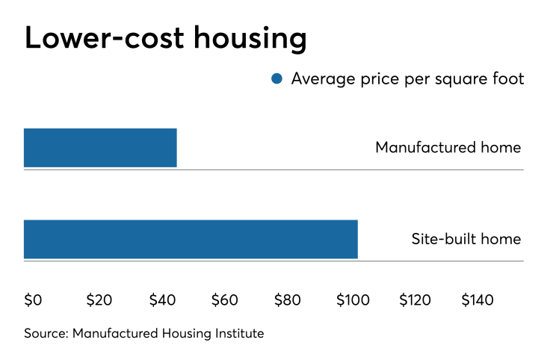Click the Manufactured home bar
tap(100, 148)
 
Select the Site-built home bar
tap(191, 240)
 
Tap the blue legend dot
tap(277, 78)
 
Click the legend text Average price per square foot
tap(407, 78)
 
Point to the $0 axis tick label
tap(33, 300)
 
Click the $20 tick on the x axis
tap(99, 300)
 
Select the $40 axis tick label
tap(162, 300)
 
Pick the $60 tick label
tap(225, 300)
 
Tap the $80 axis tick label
tap(288, 300)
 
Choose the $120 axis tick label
tap(415, 300)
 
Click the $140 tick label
tap(478, 300)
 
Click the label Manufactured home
tap(448, 147)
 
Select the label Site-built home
tap(466, 240)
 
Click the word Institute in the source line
tap(238, 333)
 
